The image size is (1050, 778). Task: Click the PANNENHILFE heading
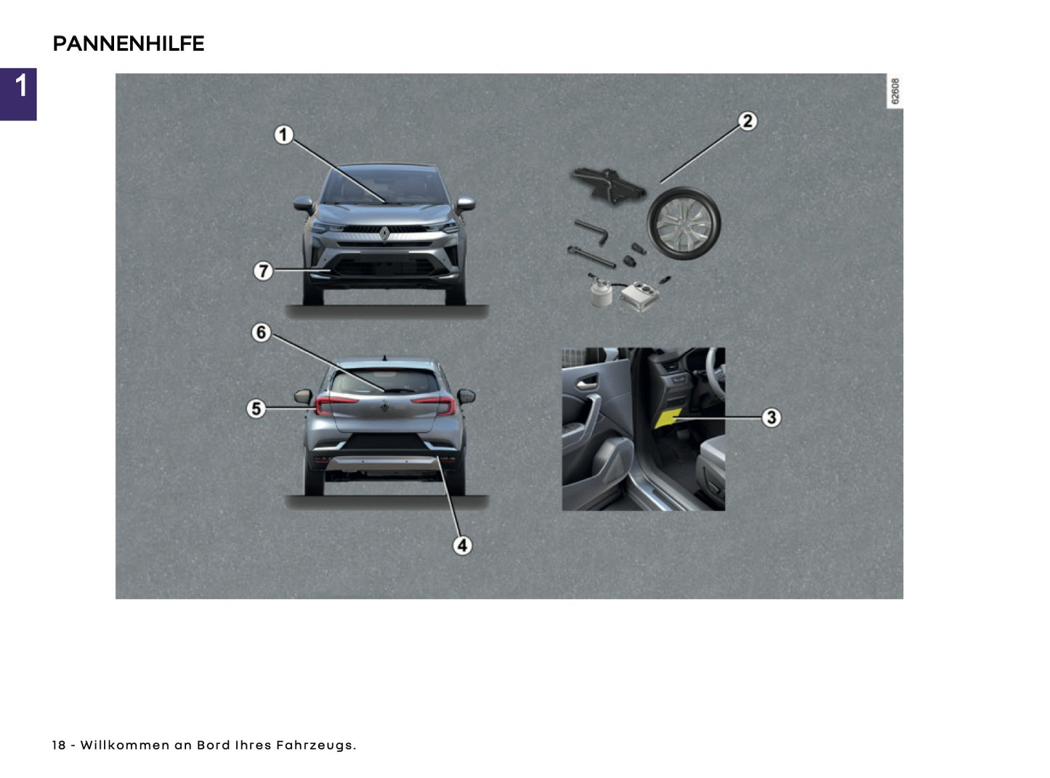coord(129,44)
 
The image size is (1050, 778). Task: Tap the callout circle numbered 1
coord(283,135)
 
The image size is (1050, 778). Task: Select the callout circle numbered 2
coord(748,121)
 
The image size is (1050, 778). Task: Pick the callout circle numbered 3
coord(771,417)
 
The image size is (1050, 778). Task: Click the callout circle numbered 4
coord(463,545)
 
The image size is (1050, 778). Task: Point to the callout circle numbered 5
coord(255,409)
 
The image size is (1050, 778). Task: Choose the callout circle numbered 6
coord(261,332)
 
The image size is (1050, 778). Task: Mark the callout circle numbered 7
coord(262,271)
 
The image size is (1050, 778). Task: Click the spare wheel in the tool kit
coord(684,223)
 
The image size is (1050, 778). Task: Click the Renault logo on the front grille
coord(384,233)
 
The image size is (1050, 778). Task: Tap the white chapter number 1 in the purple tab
coord(20,86)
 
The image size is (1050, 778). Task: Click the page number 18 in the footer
coord(59,745)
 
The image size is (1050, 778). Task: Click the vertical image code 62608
coord(894,92)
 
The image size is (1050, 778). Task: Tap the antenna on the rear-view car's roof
coord(384,358)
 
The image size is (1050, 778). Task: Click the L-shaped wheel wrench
coord(592,231)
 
